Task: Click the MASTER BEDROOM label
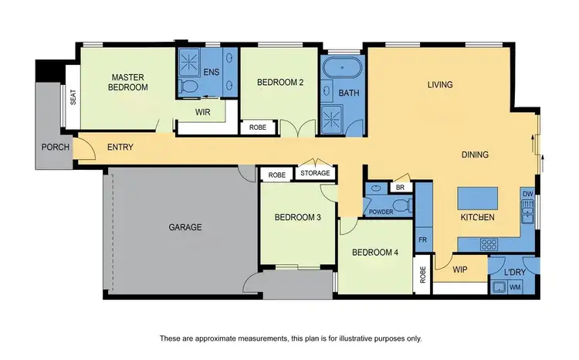point(129,82)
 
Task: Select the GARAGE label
point(185,227)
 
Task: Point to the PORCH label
point(56,147)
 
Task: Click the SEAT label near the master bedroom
point(73,98)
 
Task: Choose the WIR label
point(203,112)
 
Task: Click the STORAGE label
point(315,173)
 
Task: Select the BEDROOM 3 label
point(297,217)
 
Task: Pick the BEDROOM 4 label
point(375,252)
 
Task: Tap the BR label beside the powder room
point(400,188)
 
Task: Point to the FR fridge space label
point(423,239)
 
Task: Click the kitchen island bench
point(477,199)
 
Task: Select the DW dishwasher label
point(527,193)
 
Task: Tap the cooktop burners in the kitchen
point(489,243)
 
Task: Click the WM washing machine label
point(515,287)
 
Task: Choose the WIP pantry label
point(460,270)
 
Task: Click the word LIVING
point(440,85)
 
